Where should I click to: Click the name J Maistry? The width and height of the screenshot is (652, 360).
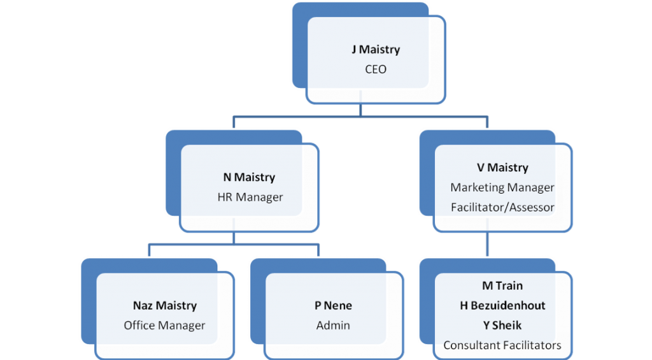click(x=375, y=50)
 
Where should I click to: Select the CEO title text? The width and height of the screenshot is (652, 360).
click(x=375, y=69)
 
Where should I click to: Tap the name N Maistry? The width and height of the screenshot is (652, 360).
click(x=249, y=177)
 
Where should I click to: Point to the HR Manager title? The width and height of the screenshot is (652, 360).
click(x=250, y=198)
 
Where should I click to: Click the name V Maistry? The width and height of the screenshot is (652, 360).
click(x=502, y=168)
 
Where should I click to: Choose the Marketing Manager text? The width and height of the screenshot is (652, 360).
click(x=502, y=187)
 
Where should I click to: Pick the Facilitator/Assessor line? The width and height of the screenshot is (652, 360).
click(x=502, y=207)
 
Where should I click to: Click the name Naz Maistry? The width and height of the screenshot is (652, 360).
click(x=164, y=306)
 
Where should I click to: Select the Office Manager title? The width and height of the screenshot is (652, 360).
click(x=164, y=326)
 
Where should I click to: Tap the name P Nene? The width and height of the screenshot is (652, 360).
click(x=333, y=306)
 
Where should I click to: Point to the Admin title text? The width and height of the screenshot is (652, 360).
click(x=333, y=326)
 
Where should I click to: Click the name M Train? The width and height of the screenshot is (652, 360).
click(x=502, y=285)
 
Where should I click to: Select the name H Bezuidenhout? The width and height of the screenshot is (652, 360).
click(x=502, y=306)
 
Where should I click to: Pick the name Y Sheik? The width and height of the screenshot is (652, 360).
click(x=502, y=325)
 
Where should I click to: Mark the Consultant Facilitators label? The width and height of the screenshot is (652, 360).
click(x=502, y=345)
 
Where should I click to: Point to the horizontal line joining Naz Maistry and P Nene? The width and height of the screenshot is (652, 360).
click(x=234, y=244)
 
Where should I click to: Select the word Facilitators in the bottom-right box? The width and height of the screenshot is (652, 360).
click(x=530, y=345)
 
